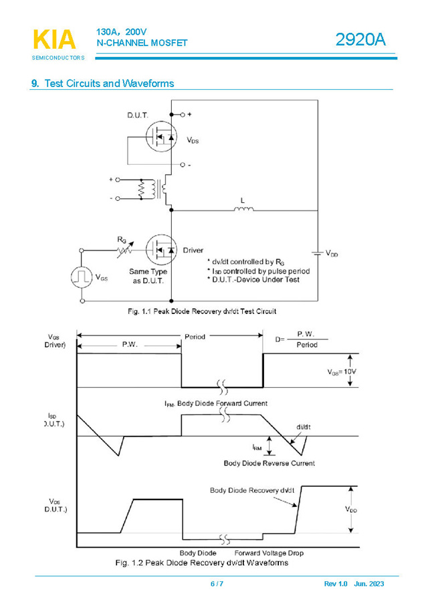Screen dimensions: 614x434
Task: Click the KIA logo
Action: pos(54,40)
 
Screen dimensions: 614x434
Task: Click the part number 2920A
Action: pos(360,40)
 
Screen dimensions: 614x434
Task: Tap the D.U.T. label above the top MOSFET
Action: pos(138,115)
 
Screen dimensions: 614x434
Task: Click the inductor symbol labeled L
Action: pos(243,210)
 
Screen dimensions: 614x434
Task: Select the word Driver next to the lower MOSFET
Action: pos(193,250)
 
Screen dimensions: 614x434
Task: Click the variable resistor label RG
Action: pos(122,239)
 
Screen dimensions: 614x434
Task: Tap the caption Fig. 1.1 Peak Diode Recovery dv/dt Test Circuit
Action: pos(202,311)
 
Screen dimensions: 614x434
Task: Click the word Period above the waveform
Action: pos(195,336)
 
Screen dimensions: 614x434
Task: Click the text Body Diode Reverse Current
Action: pos(269,463)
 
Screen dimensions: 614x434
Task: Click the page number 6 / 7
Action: pos(217,584)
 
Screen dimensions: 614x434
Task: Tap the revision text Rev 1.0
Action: pos(336,584)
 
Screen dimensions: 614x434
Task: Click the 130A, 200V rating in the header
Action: pos(121,31)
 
